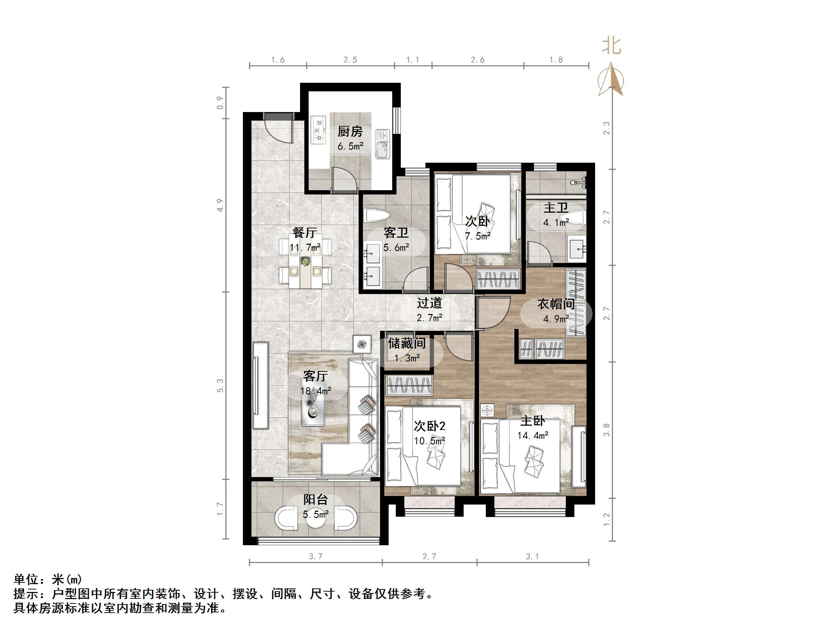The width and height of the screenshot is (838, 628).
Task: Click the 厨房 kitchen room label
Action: (x=350, y=132)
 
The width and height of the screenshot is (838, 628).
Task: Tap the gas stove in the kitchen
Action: (x=318, y=130)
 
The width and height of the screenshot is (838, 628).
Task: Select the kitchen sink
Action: (x=383, y=144)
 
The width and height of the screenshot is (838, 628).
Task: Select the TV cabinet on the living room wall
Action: (x=260, y=385)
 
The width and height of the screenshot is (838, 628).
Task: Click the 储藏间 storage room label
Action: (x=406, y=343)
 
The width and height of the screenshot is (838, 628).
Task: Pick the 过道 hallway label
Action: (x=429, y=303)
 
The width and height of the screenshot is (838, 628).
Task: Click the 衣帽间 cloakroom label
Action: (x=556, y=304)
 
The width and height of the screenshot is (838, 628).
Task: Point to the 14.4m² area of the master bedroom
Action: (x=533, y=436)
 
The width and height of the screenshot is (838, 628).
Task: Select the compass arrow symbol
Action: (x=611, y=80)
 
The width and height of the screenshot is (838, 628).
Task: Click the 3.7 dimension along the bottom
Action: (x=315, y=556)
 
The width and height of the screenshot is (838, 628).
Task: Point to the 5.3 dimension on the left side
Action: (x=220, y=385)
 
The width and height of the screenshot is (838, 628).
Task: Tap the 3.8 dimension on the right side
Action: (x=607, y=430)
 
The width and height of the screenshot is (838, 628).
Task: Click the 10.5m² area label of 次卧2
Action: (x=429, y=441)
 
